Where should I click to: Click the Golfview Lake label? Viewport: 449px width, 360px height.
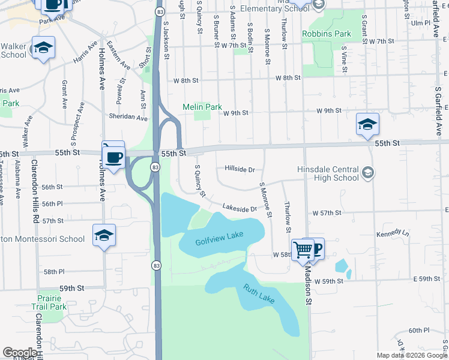point(219,238)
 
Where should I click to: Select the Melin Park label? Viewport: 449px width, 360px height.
point(202,107)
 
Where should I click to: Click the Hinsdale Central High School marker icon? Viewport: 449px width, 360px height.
point(368,173)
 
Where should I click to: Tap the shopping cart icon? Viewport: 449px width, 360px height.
point(303,249)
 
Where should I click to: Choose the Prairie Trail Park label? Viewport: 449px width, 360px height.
point(50,302)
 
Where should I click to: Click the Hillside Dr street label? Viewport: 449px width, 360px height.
point(240,169)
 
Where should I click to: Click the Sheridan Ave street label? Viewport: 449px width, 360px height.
point(128,118)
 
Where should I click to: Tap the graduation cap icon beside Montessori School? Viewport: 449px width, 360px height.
point(104,235)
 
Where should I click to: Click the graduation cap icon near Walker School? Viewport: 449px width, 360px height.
point(43,47)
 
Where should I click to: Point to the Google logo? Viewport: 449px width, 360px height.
point(20,353)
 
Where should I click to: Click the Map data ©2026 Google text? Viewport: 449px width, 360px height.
point(411,355)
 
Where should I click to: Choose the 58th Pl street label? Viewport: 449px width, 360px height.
point(53,271)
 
